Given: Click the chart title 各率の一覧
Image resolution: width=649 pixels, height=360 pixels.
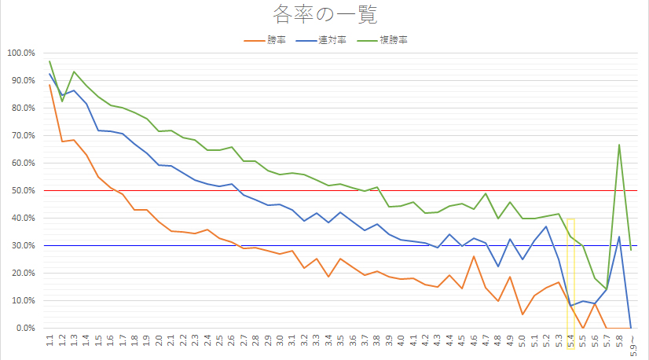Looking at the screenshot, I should pos(324,13).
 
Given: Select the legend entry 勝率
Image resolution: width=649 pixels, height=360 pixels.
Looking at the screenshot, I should pos(275,39).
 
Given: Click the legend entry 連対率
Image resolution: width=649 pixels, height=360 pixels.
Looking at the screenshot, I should pos(329,39).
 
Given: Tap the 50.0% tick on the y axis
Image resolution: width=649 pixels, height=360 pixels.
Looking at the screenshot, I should pos(22,190).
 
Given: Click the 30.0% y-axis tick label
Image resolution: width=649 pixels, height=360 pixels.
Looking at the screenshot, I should pos(22,245).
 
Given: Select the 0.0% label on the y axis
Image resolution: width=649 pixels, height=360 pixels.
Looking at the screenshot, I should pos(24,328).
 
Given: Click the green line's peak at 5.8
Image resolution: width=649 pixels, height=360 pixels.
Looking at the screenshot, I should pos(620,145).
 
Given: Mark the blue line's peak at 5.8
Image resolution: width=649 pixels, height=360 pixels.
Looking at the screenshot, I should pos(620,237).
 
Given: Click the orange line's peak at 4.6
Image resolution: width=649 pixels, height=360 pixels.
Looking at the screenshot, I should pos(474,256).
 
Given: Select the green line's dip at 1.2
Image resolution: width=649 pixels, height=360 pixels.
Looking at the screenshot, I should pos(62,101).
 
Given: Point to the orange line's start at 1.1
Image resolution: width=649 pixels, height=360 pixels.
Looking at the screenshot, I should pos(49,85).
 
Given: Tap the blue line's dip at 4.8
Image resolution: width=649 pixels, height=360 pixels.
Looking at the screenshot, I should pos(498,266).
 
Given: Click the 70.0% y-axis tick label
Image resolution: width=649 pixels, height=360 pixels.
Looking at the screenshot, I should pos(22,135).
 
